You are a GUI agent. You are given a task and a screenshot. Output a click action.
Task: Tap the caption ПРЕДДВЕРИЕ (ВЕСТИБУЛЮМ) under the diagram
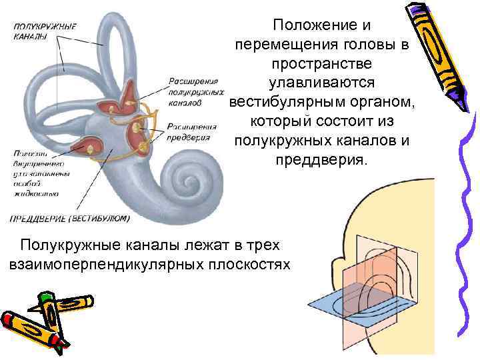[70, 218]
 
